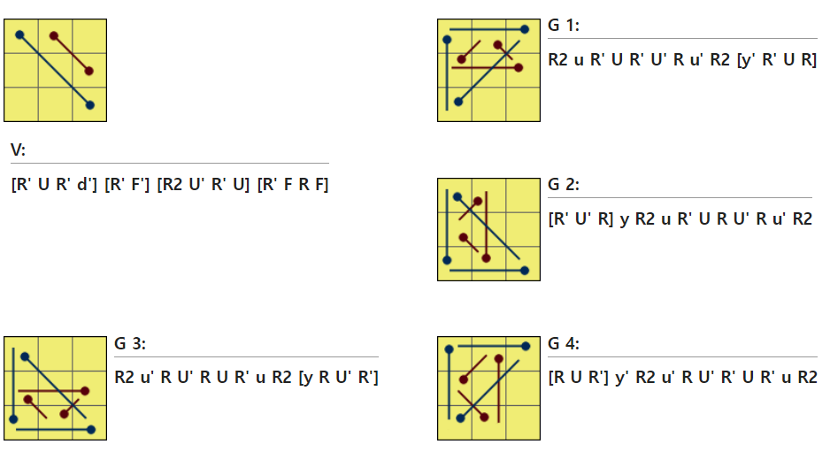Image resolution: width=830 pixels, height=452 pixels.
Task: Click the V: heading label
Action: click(x=18, y=150)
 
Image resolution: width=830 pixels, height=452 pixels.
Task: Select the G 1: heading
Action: click(x=564, y=26)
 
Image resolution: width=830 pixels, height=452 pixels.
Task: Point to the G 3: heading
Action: click(x=130, y=344)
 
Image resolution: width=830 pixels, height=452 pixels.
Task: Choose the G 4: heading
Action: click(x=564, y=344)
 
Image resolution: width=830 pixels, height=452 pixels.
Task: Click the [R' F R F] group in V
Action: click(x=293, y=186)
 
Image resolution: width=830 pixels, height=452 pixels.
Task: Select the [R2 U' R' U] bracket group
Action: click(x=204, y=186)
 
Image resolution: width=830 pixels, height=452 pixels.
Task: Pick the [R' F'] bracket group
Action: click(x=127, y=186)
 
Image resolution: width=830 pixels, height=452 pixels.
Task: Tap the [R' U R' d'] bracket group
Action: click(x=53, y=186)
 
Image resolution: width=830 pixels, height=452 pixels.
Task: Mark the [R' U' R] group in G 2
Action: click(x=580, y=218)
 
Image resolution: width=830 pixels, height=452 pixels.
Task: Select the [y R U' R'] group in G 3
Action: click(x=339, y=378)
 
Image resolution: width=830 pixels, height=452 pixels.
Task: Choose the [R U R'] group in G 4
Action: click(x=580, y=378)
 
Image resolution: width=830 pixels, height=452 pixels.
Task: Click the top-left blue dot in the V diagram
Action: click(x=19, y=35)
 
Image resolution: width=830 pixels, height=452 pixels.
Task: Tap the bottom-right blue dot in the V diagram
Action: click(x=90, y=105)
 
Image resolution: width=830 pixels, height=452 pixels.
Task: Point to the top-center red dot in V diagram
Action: click(x=54, y=36)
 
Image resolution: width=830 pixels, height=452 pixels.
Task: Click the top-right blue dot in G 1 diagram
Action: click(x=525, y=29)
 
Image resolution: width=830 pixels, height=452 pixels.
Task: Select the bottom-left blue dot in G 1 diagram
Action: click(x=457, y=102)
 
